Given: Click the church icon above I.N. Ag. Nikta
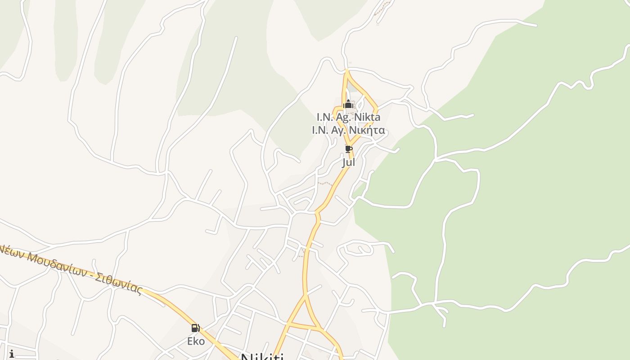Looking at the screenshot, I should [348, 105].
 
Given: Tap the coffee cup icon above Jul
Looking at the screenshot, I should [348, 149].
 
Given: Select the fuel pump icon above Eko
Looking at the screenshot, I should [195, 328].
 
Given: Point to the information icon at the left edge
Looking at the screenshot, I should [11, 354].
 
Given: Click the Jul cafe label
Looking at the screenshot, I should [348, 162].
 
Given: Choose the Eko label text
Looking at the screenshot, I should [196, 341].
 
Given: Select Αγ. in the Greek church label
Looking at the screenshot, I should [344, 130].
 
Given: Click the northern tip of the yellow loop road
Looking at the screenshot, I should [346, 71].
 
